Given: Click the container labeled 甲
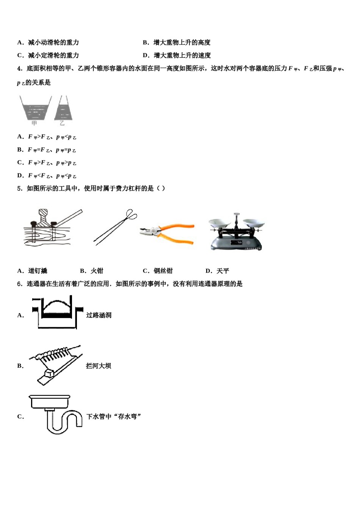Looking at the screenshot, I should click(x=35, y=108).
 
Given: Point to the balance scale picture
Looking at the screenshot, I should click(x=236, y=232).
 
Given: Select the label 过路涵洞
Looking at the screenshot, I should click(x=99, y=315).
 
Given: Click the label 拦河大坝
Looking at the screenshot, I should click(x=98, y=366).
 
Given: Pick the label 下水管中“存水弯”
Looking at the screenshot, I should click(x=114, y=417).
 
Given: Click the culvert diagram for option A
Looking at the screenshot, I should click(x=57, y=313).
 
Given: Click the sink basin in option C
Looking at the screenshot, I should click(x=50, y=401).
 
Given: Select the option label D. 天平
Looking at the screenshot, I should click(x=218, y=271).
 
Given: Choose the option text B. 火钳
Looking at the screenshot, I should click(x=92, y=271).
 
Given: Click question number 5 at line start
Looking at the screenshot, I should click(x=20, y=189).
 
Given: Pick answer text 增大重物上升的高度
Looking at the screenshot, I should click(x=182, y=42).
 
